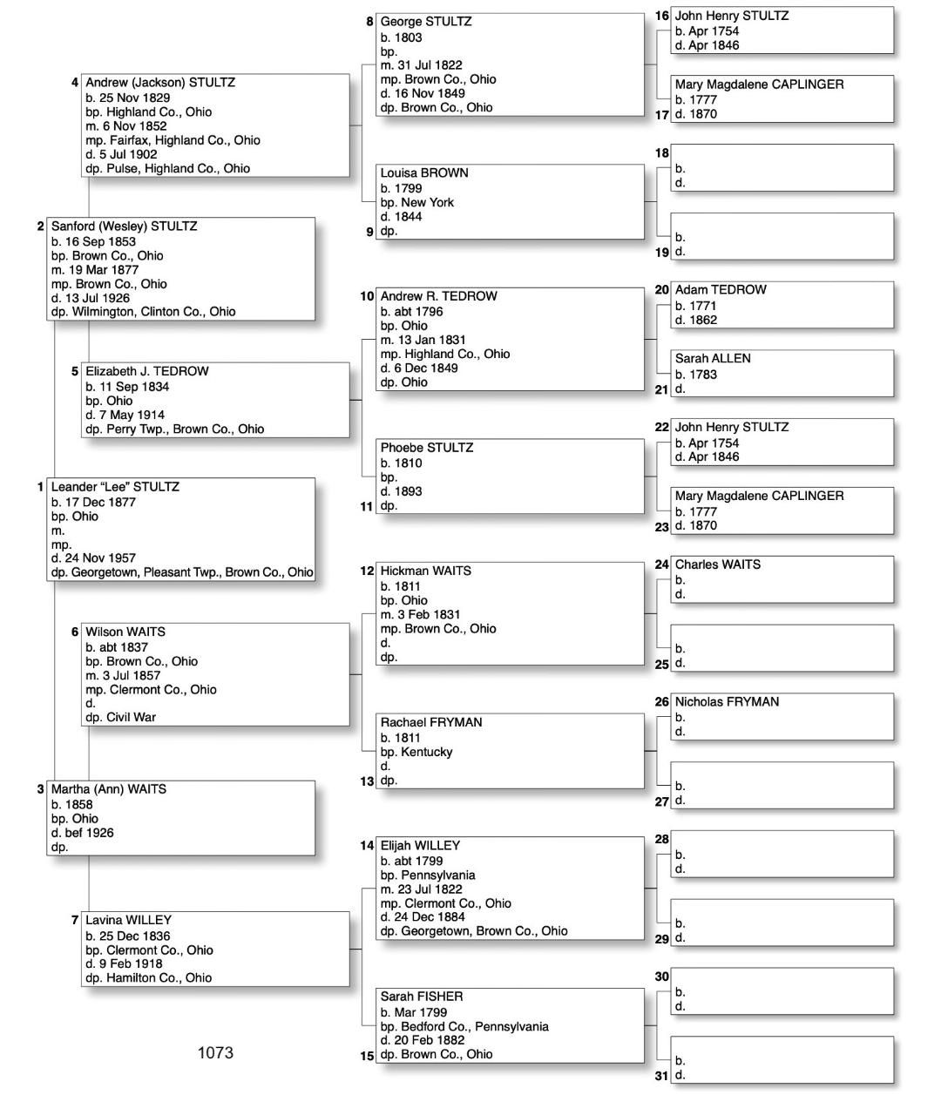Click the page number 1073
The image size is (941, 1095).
215,1052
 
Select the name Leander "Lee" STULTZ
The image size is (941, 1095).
115,487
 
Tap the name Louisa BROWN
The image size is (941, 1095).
424,173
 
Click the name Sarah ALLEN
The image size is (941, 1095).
713,359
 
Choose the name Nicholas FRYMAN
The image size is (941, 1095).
727,702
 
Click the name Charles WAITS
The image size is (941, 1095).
717,564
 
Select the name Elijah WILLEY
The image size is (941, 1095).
420,846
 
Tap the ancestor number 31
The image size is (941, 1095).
662,1076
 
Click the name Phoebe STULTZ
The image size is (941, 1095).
427,448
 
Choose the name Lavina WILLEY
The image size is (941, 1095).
128,920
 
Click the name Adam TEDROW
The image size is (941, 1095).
721,290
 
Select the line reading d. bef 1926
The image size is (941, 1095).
83,833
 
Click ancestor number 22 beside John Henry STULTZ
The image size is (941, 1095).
662,428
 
